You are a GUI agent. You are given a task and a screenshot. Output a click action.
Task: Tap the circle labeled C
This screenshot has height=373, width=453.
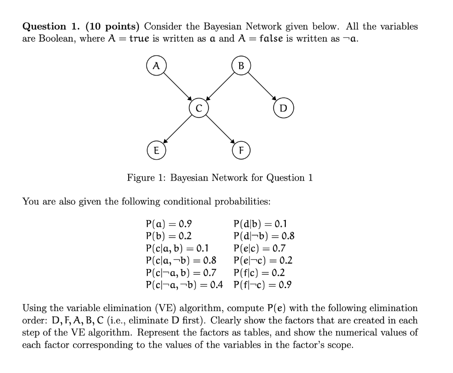198,108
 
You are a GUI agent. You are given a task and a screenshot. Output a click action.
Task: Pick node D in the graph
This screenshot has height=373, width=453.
284,108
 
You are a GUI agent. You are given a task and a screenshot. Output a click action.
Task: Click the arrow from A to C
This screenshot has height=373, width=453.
177,87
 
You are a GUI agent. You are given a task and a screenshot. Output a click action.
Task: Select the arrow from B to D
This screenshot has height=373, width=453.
262,87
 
